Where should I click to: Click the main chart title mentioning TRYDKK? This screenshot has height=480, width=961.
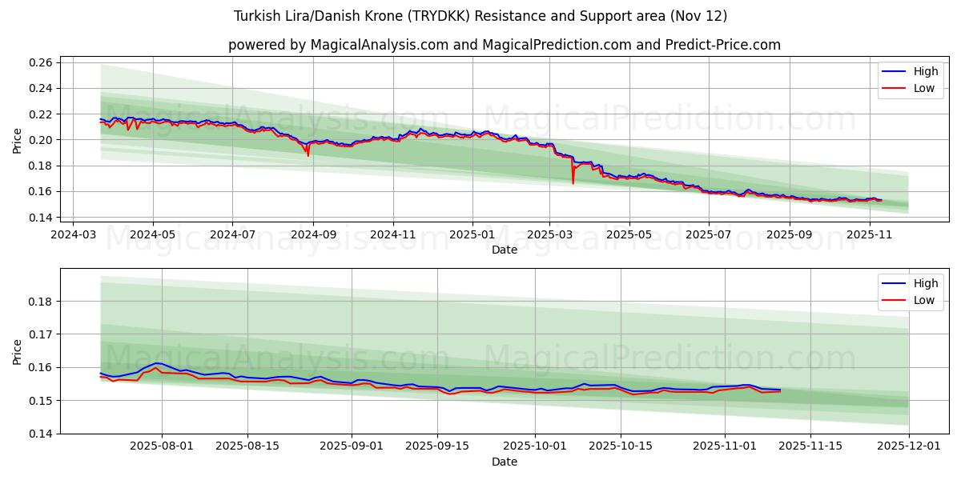pyautogui.click(x=480, y=16)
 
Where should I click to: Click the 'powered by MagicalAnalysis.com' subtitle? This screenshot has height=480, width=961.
pyautogui.click(x=505, y=45)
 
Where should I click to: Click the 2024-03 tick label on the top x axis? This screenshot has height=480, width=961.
pyautogui.click(x=74, y=234)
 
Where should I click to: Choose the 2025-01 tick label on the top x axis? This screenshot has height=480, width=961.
pyautogui.click(x=472, y=234)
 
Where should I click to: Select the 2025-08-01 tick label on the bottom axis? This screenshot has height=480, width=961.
pyautogui.click(x=163, y=446)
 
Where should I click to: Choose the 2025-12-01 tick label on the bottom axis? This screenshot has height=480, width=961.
pyautogui.click(x=909, y=446)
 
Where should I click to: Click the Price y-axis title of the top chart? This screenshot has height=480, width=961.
pyautogui.click(x=18, y=140)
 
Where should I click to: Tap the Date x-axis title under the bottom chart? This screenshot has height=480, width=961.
pyautogui.click(x=505, y=462)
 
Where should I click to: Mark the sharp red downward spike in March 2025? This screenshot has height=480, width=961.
pyautogui.click(x=573, y=182)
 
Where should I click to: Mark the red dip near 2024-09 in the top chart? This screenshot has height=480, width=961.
pyautogui.click(x=308, y=154)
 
